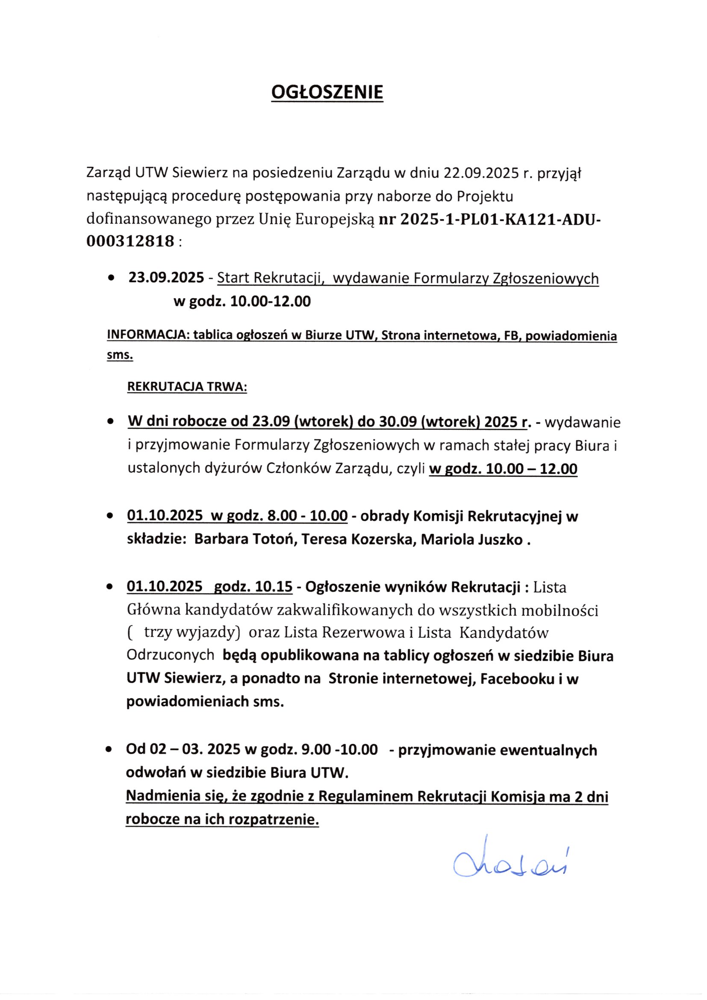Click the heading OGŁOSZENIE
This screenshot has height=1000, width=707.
[327, 92]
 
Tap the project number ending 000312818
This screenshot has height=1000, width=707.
[130, 241]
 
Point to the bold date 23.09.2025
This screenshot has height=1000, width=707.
[166, 278]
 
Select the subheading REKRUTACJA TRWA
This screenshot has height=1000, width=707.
[187, 387]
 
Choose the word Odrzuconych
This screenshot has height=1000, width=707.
[170, 656]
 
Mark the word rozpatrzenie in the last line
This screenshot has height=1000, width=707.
[274, 819]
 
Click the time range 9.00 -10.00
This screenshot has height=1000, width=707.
[339, 749]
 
